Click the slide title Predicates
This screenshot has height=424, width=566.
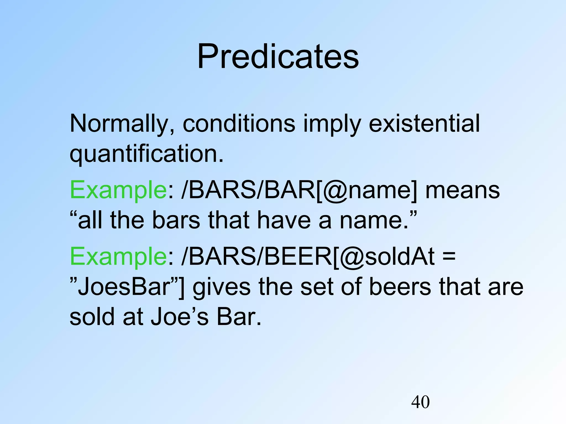[278, 57]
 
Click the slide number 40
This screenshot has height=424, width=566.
[420, 402]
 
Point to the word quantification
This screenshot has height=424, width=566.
[146, 154]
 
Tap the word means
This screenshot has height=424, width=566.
[462, 191]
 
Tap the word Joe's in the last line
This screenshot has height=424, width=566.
[180, 317]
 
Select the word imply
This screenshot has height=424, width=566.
[332, 124]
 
